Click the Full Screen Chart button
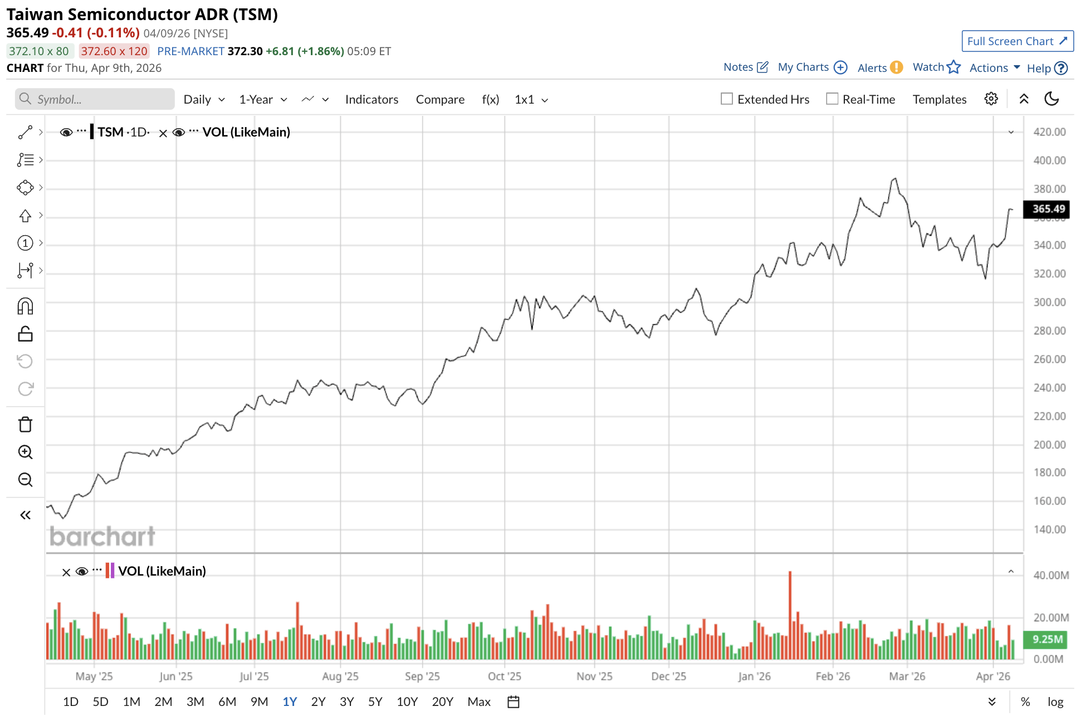click(1017, 41)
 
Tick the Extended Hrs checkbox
click(727, 99)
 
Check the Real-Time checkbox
click(832, 99)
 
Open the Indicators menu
click(372, 99)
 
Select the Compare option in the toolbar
click(440, 99)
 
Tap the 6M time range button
click(227, 701)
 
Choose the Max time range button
click(479, 701)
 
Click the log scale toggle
click(1055, 701)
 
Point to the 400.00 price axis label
click(1049, 160)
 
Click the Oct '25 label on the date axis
click(504, 676)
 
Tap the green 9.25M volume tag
click(1047, 639)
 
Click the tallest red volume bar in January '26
click(790, 613)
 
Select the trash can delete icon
click(26, 425)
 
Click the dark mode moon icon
click(1052, 99)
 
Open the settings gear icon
click(991, 99)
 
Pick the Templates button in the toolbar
click(939, 99)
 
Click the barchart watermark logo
click(102, 537)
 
